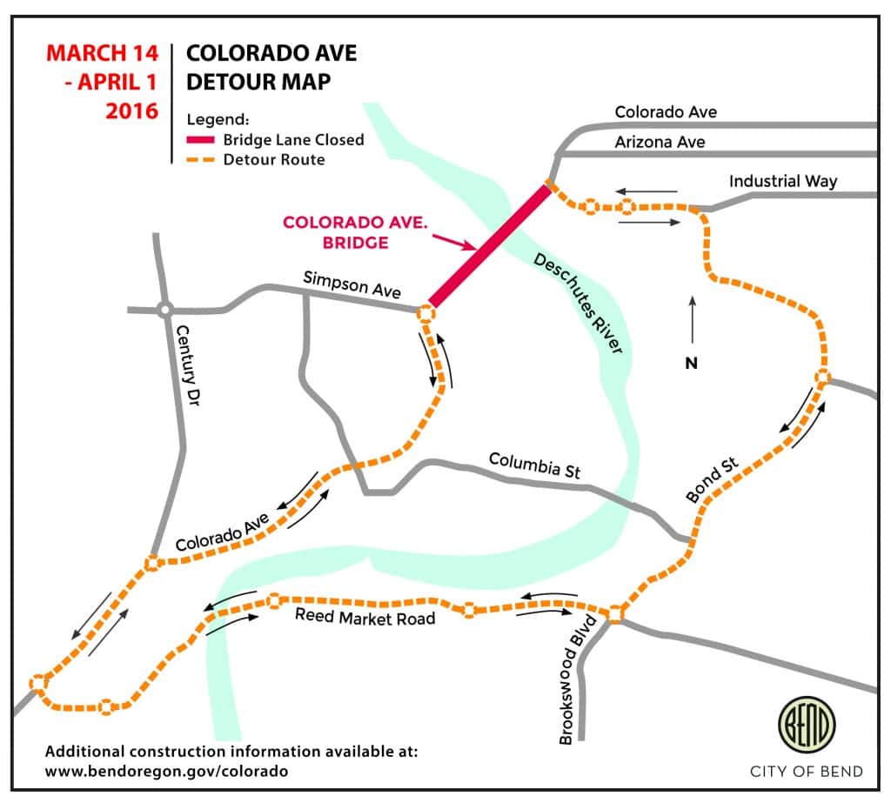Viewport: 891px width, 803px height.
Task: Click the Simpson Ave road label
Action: coord(352,284)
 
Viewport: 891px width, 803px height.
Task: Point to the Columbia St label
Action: coord(533,465)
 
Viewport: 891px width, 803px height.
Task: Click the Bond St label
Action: coord(712,479)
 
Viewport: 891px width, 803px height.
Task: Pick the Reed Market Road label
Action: coord(365,618)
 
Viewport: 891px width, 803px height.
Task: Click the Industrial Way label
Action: coord(783,181)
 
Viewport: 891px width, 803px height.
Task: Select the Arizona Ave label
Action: coord(660,141)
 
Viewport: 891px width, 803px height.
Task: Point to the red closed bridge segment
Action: coord(490,245)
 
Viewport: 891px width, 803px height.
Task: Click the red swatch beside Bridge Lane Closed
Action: coord(201,139)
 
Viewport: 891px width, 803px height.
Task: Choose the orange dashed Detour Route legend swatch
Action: coord(201,160)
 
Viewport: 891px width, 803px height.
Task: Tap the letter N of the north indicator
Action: coord(692,363)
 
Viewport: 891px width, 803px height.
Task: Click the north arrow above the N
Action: coord(693,319)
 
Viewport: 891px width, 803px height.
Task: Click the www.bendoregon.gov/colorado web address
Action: coord(166,770)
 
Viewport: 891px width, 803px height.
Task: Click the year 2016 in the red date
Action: coord(131,110)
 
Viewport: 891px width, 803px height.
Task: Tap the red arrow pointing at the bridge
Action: coord(453,244)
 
